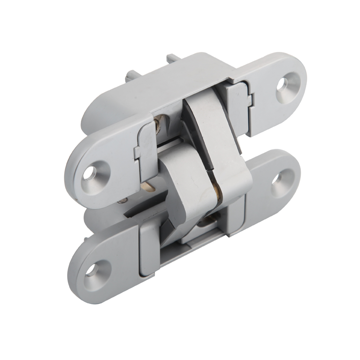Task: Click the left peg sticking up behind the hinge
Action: point(131,77)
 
